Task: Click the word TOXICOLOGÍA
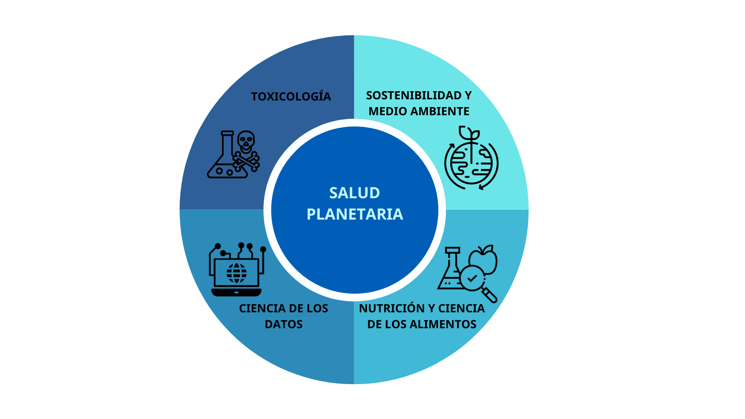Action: [x=291, y=97]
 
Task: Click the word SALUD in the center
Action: [x=355, y=193]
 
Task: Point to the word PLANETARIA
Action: [x=355, y=214]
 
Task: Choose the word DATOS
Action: [x=284, y=324]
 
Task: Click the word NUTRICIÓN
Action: [x=392, y=308]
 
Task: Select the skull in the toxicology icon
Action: [x=246, y=141]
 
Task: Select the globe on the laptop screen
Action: [x=236, y=273]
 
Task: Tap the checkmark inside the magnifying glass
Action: [x=472, y=278]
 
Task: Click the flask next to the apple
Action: [x=450, y=272]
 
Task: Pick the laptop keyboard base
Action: [x=236, y=292]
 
